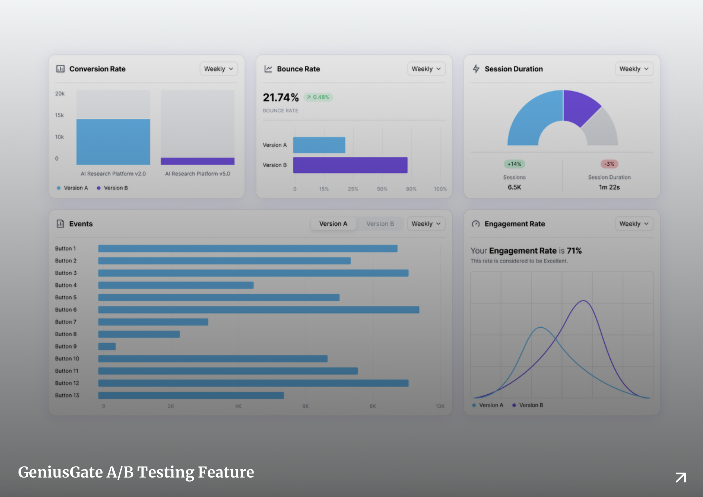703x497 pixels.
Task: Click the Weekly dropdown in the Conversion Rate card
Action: pos(219,69)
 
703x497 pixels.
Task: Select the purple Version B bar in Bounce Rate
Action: pos(350,165)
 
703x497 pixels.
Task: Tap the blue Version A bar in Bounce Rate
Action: pos(319,145)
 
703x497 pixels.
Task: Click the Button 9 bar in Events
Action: pos(107,346)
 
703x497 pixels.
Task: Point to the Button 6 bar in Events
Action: pos(258,310)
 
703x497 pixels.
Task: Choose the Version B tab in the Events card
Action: pos(380,224)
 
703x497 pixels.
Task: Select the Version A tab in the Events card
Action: pos(333,224)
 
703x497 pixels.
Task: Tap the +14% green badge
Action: pos(514,164)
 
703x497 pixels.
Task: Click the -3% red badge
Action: pos(609,164)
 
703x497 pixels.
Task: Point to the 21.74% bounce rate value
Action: pos(281,98)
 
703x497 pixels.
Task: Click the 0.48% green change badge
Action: pos(318,97)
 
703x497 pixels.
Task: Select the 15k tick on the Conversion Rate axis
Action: pos(59,115)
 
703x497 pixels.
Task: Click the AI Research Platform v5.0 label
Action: pos(198,174)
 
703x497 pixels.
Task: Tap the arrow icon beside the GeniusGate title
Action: pos(680,477)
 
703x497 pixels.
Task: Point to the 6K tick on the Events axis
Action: pos(305,406)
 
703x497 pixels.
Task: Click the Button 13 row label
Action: pos(67,395)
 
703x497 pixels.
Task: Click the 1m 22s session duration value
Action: pos(609,187)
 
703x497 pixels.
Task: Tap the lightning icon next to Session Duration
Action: pos(476,69)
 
